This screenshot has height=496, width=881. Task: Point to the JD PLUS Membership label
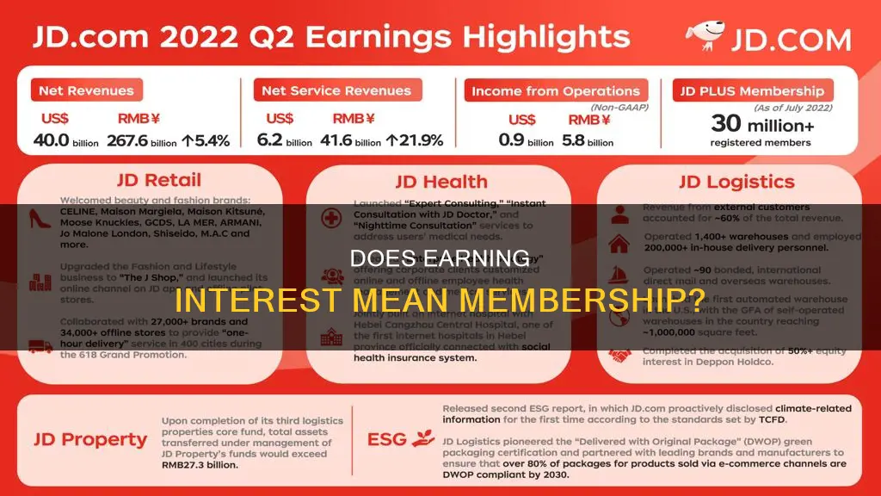pyautogui.click(x=750, y=91)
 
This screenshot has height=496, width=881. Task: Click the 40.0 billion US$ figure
pyautogui.click(x=65, y=140)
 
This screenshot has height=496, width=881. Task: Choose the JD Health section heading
pyautogui.click(x=441, y=182)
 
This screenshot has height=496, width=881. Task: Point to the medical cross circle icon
pyautogui.click(x=330, y=217)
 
